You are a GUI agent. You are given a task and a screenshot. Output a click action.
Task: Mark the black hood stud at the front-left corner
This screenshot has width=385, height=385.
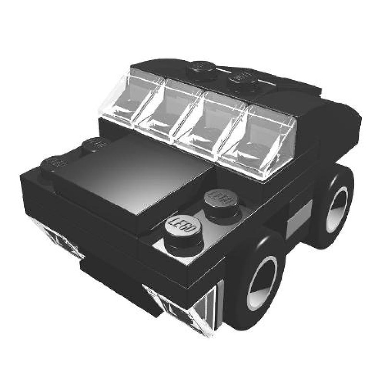point(54,164)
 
